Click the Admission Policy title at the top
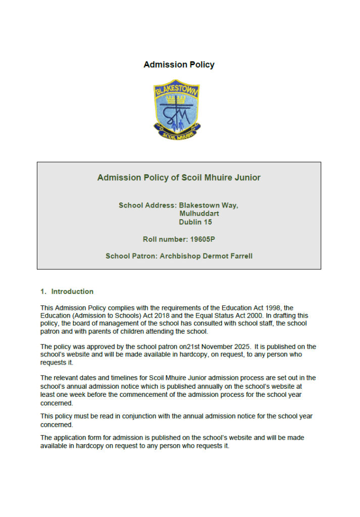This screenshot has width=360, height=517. point(179,65)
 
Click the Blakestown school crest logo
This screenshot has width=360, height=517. point(177,110)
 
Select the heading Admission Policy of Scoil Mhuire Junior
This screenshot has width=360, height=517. point(179,178)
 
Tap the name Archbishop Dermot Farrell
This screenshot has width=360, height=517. point(206,256)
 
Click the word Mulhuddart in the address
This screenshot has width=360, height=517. point(199,214)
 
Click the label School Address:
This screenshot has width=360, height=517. point(147,205)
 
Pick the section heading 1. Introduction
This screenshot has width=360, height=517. point(67,291)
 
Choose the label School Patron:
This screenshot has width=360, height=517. point(131,256)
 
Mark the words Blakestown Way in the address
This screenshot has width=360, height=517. point(209,205)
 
